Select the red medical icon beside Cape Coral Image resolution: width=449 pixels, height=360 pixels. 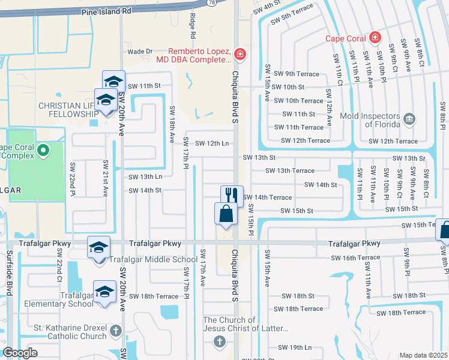tap(375, 38)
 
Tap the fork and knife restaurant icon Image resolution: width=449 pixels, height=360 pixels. tap(232, 195)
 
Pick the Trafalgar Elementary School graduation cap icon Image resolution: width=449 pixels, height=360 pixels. tap(105, 292)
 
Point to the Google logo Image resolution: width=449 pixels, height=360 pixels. tap(20, 353)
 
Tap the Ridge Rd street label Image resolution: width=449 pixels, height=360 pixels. tap(193, 26)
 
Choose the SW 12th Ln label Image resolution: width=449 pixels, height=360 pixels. tap(206, 143)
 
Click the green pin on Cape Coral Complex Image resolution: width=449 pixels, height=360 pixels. tap(42, 150)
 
